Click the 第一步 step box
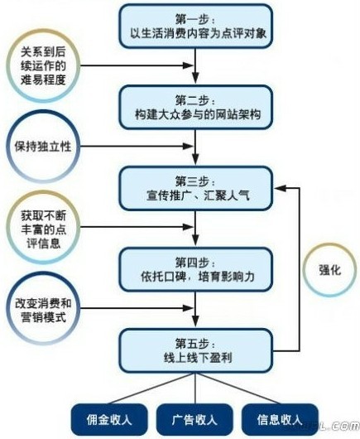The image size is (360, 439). [x=196, y=26]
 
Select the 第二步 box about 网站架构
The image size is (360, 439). [x=196, y=107]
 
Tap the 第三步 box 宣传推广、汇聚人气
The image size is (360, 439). [x=196, y=188]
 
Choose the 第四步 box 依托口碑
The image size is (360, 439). [x=196, y=269]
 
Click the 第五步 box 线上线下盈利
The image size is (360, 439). [x=196, y=350]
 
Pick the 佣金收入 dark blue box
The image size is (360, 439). [x=109, y=419]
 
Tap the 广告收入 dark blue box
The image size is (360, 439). [x=194, y=419]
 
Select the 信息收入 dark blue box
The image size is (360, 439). [x=280, y=419]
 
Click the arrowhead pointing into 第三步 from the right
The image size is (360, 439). [x=281, y=188]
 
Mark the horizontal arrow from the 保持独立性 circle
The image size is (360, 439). [x=137, y=146]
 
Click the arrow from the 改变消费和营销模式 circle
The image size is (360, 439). [x=137, y=308]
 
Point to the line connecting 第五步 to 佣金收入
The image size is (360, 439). [x=152, y=388]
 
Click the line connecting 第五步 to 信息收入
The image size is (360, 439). [x=238, y=388]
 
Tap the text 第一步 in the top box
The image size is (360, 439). [x=196, y=19]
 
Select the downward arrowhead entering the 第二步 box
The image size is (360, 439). [x=195, y=78]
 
